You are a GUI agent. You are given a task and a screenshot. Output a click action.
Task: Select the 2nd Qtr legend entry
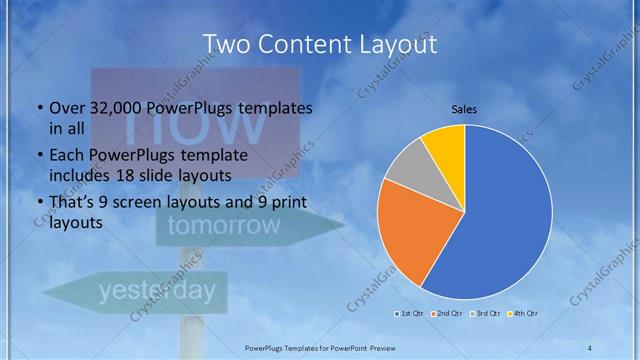coord(448,314)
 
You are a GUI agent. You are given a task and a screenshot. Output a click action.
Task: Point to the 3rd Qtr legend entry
coord(485,314)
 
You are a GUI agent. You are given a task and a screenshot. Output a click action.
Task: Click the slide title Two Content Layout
coord(320,44)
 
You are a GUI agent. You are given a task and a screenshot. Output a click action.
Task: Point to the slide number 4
coord(590,346)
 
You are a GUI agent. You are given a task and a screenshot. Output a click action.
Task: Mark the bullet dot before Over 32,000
coord(39,108)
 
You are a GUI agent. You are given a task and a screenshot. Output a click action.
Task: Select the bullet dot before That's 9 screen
coord(39,203)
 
